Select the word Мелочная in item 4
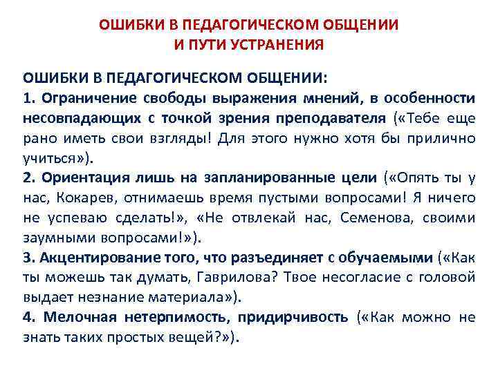click(80, 318)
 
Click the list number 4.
click(28, 318)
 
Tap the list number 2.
click(28, 178)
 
